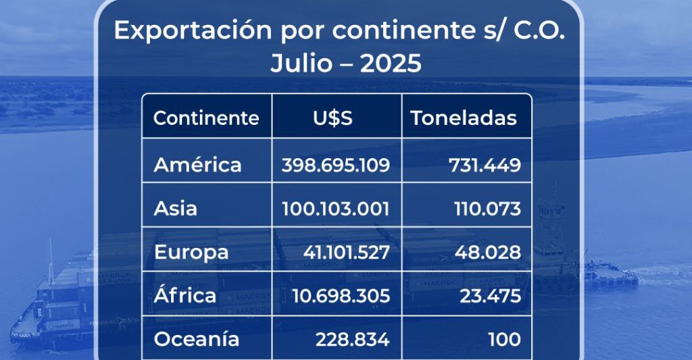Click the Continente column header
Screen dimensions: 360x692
tap(206, 118)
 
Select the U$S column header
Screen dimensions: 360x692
tap(332, 118)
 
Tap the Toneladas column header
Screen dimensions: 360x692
tap(464, 118)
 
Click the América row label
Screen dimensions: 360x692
tap(197, 165)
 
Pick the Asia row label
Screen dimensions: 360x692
tap(176, 209)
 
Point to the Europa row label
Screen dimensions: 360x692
tap(191, 253)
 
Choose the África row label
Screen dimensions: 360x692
tap(185, 295)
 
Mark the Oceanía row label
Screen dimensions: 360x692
tap(197, 339)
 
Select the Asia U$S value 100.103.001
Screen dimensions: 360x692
tap(336, 209)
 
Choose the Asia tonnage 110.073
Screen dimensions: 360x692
tap(487, 209)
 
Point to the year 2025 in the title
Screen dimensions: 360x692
tap(391, 63)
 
